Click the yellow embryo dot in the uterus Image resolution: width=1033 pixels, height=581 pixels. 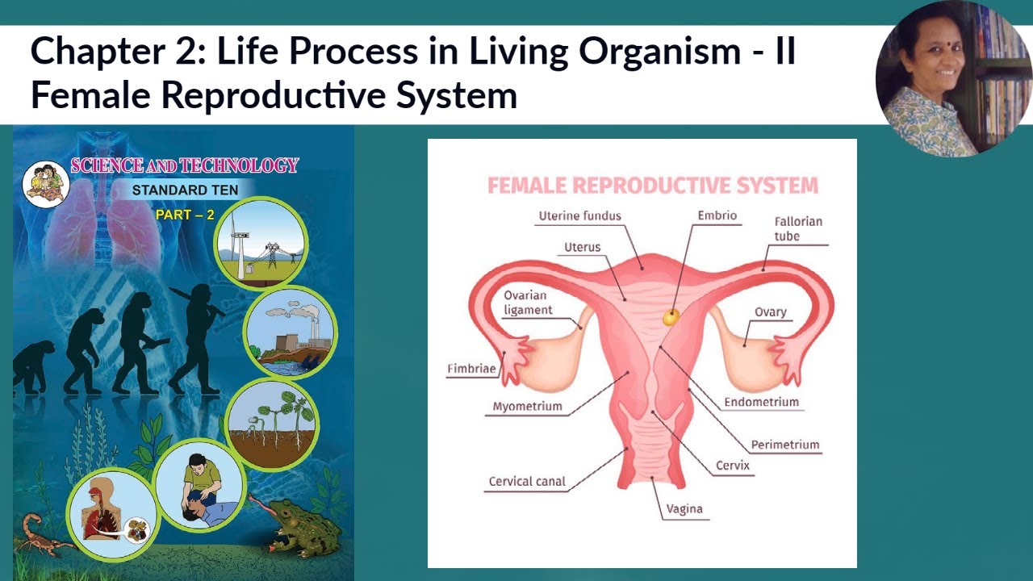pyautogui.click(x=671, y=317)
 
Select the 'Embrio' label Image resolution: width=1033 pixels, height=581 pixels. pyautogui.click(x=717, y=216)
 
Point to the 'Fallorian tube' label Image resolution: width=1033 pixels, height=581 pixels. pyautogui.click(x=797, y=228)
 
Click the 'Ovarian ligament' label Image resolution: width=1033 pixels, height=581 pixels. pyautogui.click(x=529, y=303)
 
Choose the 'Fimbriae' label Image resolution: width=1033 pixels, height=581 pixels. pyautogui.click(x=471, y=370)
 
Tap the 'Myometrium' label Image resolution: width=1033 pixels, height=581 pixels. pyautogui.click(x=528, y=406)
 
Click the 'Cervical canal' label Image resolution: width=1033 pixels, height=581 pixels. pyautogui.click(x=527, y=482)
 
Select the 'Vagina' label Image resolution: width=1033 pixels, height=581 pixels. pyautogui.click(x=684, y=509)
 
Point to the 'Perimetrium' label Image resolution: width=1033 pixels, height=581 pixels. pyautogui.click(x=784, y=445)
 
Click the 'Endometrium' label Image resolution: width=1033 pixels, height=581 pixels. pyautogui.click(x=761, y=402)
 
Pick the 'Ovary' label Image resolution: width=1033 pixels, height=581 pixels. pyautogui.click(x=770, y=312)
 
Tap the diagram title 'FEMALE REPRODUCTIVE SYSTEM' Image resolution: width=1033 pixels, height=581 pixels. pyautogui.click(x=652, y=186)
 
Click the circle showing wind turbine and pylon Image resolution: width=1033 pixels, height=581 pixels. pyautogui.click(x=261, y=241)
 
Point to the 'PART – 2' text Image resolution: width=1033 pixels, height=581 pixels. pyautogui.click(x=185, y=215)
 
